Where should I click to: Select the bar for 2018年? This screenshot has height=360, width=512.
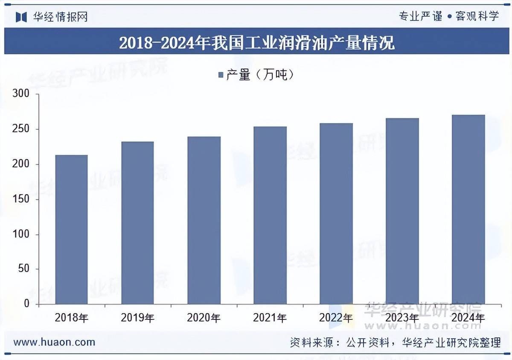pos(71,229)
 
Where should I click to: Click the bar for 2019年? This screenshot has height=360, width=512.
pos(137,222)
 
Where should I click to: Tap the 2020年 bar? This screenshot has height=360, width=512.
pos(204,220)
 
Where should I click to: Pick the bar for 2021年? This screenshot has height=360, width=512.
pos(270,215)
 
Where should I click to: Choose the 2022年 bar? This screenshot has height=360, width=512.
pos(336,214)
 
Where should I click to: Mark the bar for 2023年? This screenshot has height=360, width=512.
pos(402,211)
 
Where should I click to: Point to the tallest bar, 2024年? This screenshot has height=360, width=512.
pos(468,209)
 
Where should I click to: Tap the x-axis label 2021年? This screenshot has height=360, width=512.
pos(270,318)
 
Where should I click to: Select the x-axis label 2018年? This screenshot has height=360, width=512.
pos(71,318)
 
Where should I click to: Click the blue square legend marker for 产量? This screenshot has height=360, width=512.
pos(221,75)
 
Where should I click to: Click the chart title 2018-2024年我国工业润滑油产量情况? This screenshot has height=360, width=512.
pos(256,43)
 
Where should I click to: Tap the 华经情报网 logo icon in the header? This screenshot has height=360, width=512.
pos(21,17)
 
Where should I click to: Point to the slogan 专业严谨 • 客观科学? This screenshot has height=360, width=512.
pos(448,17)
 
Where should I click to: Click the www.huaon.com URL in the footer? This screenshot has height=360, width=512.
pos(54,342)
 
